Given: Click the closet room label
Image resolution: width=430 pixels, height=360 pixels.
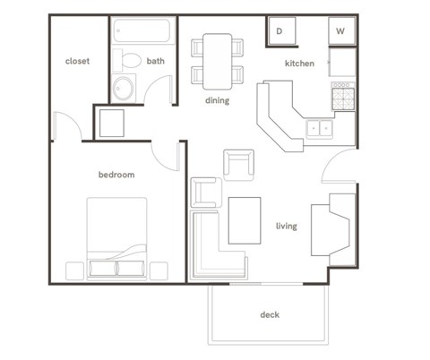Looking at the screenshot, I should click(x=77, y=62).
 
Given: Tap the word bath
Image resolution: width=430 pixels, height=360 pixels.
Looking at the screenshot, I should click(x=156, y=62).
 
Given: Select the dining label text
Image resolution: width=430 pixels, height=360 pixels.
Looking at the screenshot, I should click(x=217, y=101).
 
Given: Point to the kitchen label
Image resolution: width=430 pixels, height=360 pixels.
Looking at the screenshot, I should click(x=298, y=64).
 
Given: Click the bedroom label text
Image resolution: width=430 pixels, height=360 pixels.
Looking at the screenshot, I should click(x=116, y=175).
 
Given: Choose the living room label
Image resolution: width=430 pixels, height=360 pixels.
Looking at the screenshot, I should click(x=286, y=226).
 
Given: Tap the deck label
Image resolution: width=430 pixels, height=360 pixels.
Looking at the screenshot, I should click(x=270, y=314).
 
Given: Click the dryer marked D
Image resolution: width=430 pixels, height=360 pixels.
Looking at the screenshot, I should click(x=280, y=31).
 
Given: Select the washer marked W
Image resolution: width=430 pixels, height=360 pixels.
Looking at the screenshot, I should click(x=341, y=31).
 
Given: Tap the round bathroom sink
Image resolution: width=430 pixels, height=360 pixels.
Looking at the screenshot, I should click(x=123, y=89).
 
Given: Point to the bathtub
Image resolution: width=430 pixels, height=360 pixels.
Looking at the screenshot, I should click(x=143, y=33).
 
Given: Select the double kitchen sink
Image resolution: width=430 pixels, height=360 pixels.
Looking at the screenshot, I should click(x=318, y=128).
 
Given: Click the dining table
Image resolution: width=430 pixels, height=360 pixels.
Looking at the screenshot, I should click(x=218, y=58).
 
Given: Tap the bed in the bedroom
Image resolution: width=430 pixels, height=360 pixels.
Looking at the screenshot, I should click(x=117, y=237).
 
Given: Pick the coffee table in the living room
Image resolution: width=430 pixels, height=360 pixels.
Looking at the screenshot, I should click(x=244, y=220).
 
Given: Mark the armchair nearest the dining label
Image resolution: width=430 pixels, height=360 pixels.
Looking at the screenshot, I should click(x=239, y=164).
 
